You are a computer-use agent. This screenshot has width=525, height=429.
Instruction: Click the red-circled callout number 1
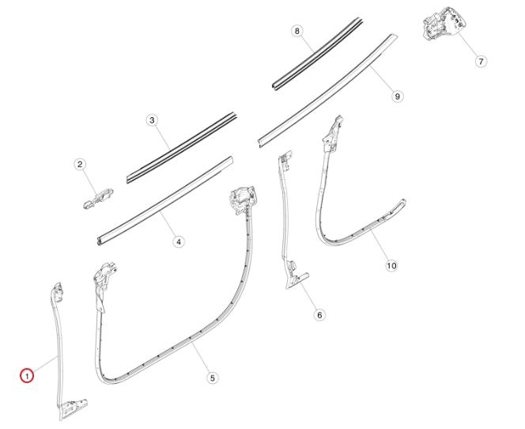pyautogui.click(x=26, y=375)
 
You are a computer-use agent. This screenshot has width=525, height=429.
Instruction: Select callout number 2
pyautogui.click(x=80, y=164)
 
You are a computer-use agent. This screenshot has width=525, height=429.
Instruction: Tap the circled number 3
pyautogui.click(x=152, y=120)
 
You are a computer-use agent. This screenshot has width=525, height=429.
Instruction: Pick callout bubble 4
pyautogui.click(x=179, y=241)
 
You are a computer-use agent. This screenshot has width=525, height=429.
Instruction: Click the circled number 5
pyautogui.click(x=212, y=378)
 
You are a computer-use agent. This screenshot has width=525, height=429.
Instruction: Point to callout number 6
pyautogui.click(x=319, y=315)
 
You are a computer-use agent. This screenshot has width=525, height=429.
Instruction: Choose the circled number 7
pyautogui.click(x=481, y=61)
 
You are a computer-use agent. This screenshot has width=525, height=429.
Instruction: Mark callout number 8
pyautogui.click(x=296, y=31)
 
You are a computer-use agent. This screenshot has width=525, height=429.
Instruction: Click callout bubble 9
pyautogui.click(x=397, y=97)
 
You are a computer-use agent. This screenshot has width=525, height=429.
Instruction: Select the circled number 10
pyautogui.click(x=391, y=266)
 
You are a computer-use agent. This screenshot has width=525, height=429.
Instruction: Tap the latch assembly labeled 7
pyautogui.click(x=443, y=23)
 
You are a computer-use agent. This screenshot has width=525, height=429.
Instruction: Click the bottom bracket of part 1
pyautogui.click(x=72, y=409)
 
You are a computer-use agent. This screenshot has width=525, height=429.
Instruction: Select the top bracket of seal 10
pyautogui.click(x=333, y=134)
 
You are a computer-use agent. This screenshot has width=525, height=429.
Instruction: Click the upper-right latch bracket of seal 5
pyautogui.click(x=243, y=199)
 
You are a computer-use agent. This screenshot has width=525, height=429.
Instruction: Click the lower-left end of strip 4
pyautogui.click(x=99, y=241)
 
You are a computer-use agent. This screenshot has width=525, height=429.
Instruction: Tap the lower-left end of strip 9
pyautogui.click(x=261, y=143)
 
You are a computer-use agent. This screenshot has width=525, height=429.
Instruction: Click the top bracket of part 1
pyautogui.click(x=57, y=293)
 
